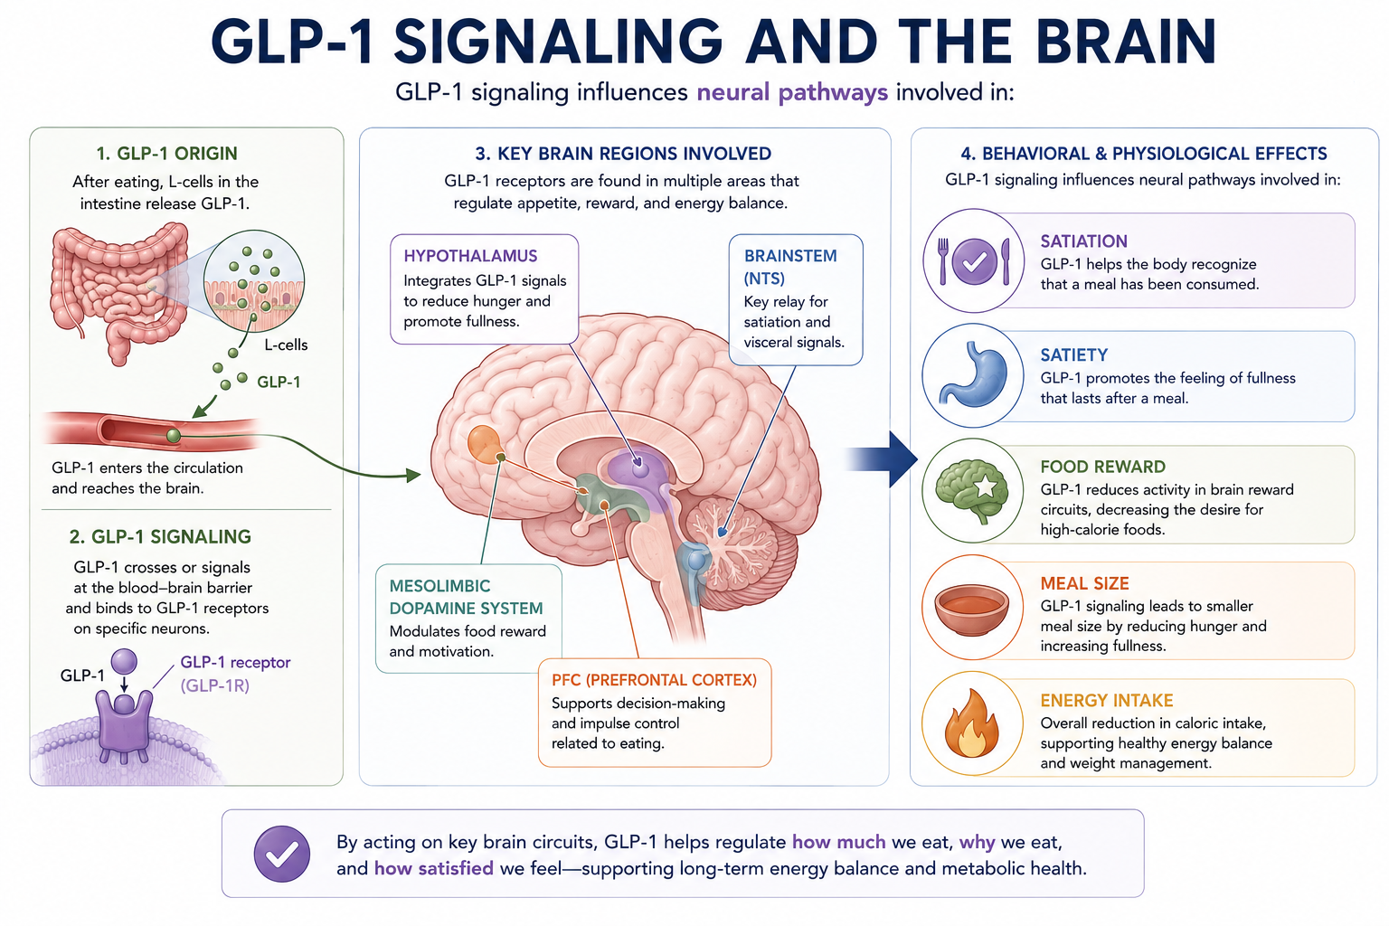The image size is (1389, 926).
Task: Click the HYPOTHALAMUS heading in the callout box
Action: coord(470,256)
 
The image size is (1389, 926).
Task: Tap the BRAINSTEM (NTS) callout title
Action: coord(790,267)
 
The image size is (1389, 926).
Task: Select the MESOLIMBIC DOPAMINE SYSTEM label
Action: coord(466,597)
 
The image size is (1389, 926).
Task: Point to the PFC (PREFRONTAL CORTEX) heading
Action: coord(654,680)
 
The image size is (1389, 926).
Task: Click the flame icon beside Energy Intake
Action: coord(971,723)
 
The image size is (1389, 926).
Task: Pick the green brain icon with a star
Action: coord(972,491)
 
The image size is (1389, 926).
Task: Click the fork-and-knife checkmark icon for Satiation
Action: coord(974,261)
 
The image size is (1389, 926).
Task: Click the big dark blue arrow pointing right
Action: coord(882,459)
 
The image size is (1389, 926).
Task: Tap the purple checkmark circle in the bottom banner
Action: coord(282,854)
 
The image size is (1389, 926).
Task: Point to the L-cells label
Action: coord(286,345)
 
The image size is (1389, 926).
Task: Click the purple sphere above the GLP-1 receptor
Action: coord(124,661)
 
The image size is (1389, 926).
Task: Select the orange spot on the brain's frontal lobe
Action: coord(485,443)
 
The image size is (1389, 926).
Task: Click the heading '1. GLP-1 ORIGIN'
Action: coord(166,153)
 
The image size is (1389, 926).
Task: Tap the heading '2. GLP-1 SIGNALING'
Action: coord(160,536)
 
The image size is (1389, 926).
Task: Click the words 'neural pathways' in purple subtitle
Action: coord(792,92)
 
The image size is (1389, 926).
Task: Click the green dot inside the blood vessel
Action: coord(174,435)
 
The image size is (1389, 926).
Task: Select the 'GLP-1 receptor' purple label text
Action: coord(235,663)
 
